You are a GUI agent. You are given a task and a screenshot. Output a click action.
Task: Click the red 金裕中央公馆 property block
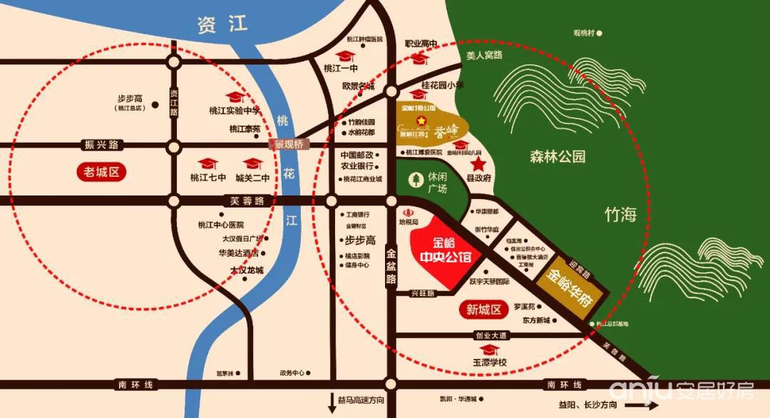tap(447, 252)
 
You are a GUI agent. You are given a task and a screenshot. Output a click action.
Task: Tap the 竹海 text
tap(620, 215)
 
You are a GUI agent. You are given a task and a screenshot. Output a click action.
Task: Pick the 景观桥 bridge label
tap(289, 143)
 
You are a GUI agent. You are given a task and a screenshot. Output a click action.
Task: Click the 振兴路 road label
tap(101, 145)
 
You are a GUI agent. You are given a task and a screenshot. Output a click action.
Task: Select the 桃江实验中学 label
tap(235, 111)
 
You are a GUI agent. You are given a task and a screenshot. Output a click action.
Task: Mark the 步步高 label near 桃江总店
tap(130, 99)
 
